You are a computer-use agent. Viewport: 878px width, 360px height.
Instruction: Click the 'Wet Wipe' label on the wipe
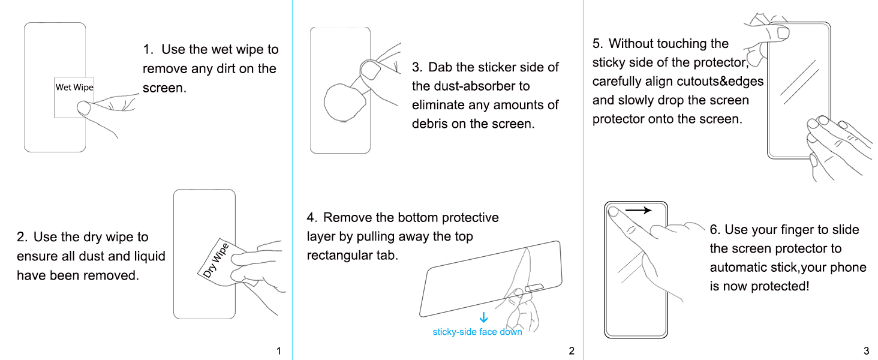coord(74,87)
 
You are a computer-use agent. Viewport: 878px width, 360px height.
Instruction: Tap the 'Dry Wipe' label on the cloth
coord(216,260)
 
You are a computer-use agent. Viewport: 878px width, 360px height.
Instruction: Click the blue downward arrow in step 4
coord(484,317)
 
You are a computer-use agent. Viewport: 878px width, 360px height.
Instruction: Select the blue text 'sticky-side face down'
coord(477,332)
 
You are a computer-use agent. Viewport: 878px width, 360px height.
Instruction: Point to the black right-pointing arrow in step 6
coord(638,211)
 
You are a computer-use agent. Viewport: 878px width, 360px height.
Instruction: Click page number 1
coord(279,350)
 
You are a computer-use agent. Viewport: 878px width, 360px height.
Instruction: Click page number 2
coord(572,350)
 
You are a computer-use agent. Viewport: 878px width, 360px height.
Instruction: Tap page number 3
coord(866,350)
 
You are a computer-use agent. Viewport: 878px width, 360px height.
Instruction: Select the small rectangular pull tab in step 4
coord(534,288)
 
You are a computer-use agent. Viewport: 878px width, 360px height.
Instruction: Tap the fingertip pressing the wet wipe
coord(84,107)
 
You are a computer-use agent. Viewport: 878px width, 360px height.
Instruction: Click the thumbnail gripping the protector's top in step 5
coord(783,32)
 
